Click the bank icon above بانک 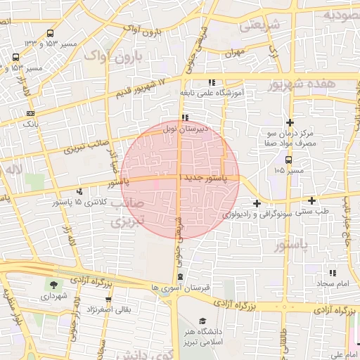(30, 113)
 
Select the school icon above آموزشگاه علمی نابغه (212, 83)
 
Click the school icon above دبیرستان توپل (184, 117)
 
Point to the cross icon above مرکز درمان (289, 122)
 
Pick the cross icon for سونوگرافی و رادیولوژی (256, 204)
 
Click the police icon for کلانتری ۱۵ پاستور (79, 191)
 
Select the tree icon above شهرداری (54, 285)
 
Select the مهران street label (234, 53)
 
